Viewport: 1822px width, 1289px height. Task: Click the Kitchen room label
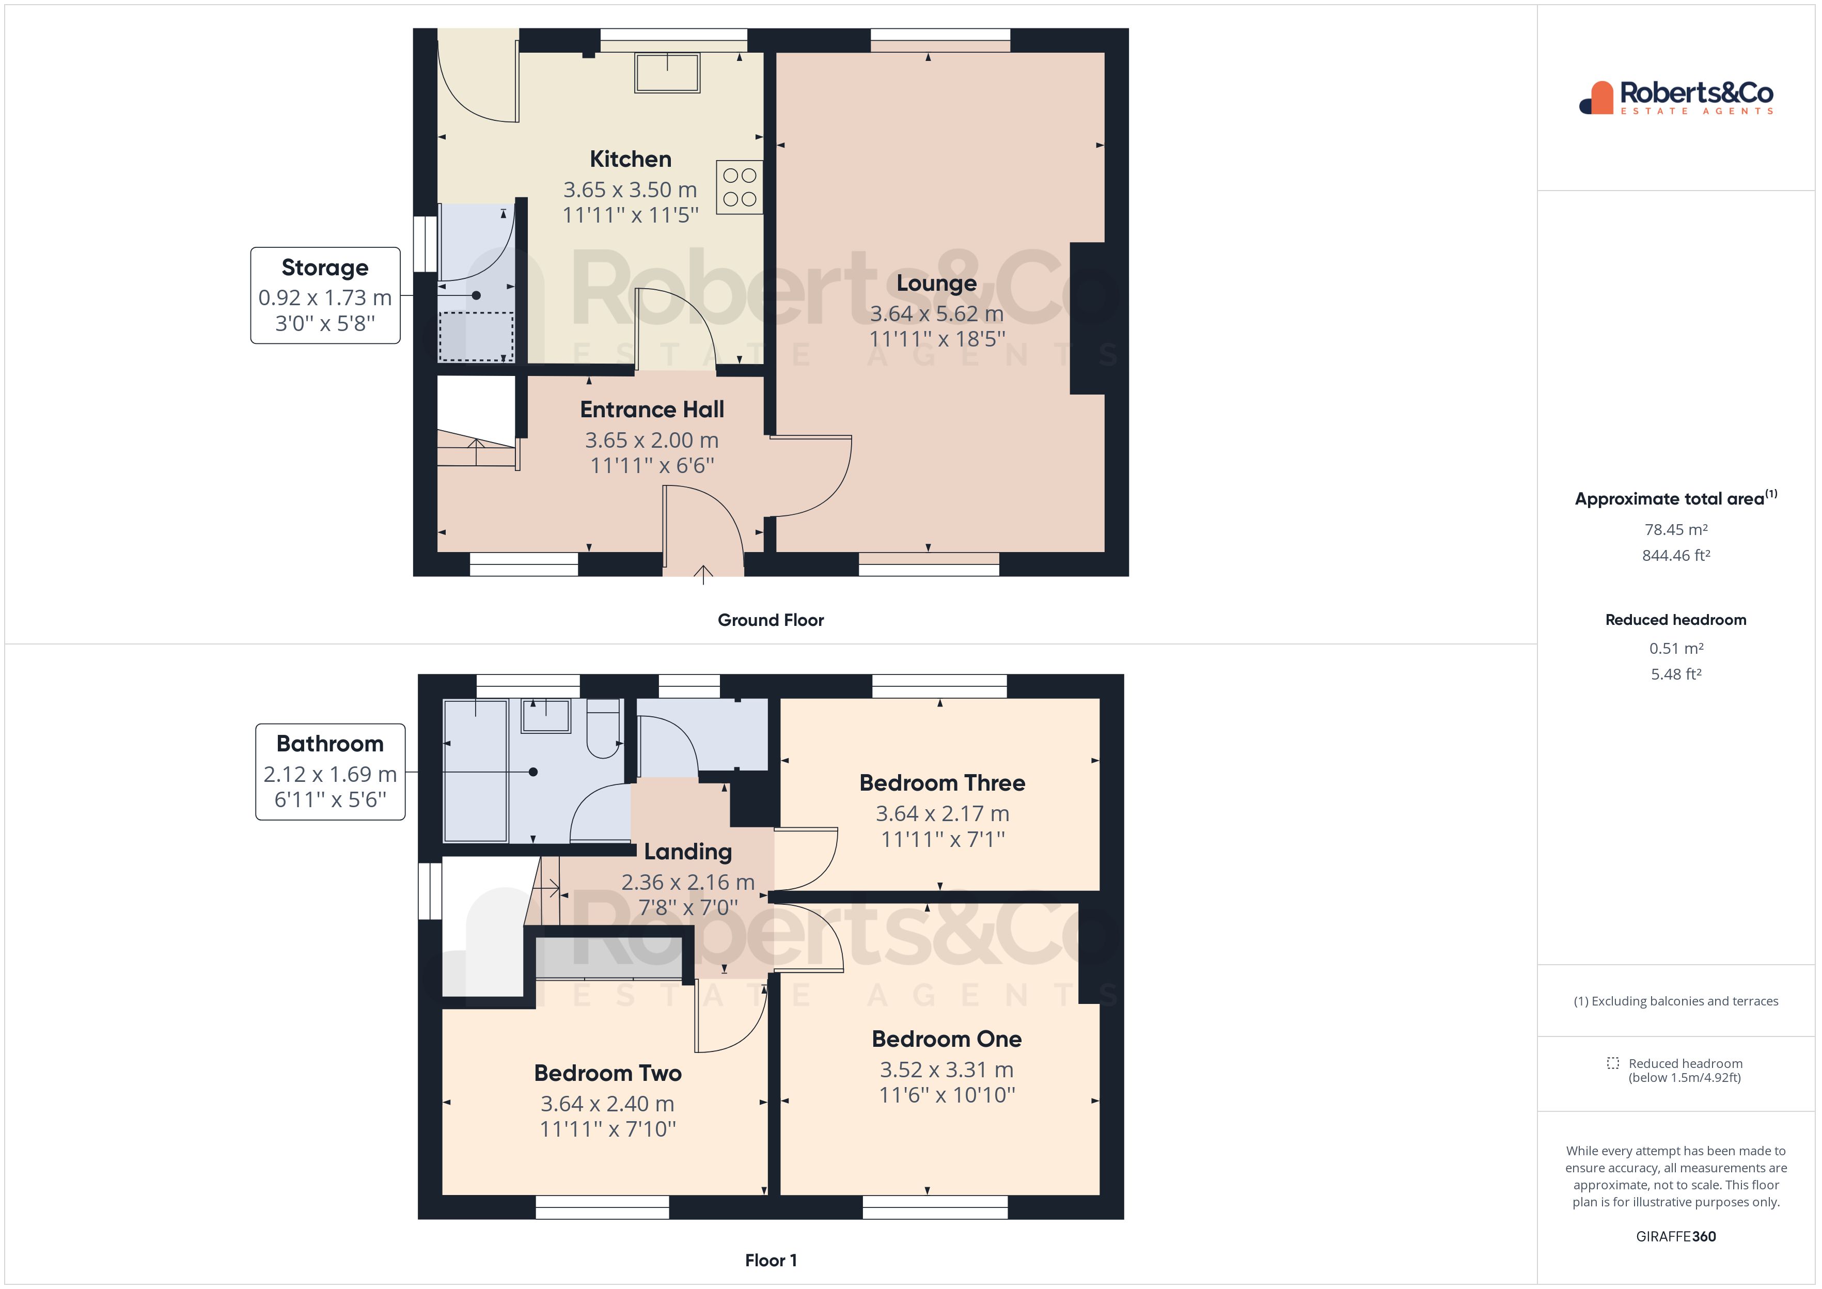[x=630, y=160]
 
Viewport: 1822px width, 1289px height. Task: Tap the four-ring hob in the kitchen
[x=739, y=187]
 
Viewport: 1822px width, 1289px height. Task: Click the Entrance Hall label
[x=652, y=410]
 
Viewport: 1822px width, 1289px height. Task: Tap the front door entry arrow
[x=703, y=573]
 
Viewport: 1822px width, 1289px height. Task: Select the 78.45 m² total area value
[x=1675, y=529]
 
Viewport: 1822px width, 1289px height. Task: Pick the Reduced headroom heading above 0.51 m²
[x=1675, y=620]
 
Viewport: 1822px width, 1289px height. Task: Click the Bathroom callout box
[x=330, y=772]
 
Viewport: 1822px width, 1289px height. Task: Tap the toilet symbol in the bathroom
[x=603, y=729]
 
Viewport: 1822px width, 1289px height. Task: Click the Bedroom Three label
[x=942, y=783]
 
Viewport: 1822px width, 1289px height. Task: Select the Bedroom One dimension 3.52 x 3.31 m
[x=946, y=1070]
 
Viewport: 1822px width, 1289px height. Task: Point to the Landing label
[x=687, y=852]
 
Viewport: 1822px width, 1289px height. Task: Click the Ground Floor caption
[x=771, y=620]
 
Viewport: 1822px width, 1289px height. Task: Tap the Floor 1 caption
[x=771, y=1261]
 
